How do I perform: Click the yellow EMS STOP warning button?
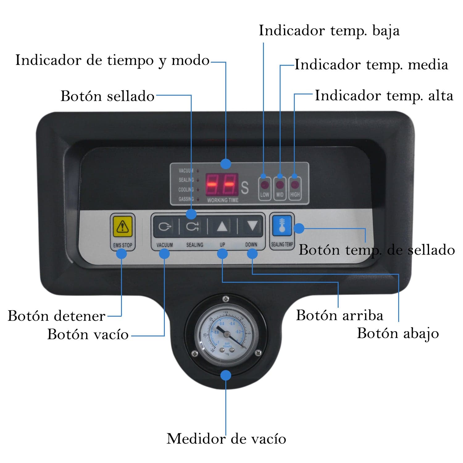(x=123, y=227)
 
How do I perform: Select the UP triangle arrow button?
(x=222, y=227)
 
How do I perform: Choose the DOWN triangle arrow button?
(x=252, y=226)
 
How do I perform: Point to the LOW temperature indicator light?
(x=265, y=185)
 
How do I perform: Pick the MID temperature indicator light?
(x=280, y=185)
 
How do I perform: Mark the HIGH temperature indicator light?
(x=295, y=185)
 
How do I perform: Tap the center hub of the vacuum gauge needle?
(x=227, y=333)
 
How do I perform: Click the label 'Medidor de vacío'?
(x=226, y=439)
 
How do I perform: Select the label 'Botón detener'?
(x=56, y=316)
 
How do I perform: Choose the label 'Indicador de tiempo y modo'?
(x=112, y=60)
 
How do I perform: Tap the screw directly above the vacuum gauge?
(x=226, y=298)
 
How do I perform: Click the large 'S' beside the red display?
(x=244, y=188)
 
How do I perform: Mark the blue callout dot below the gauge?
(x=226, y=375)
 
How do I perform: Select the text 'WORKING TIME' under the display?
(x=223, y=200)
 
